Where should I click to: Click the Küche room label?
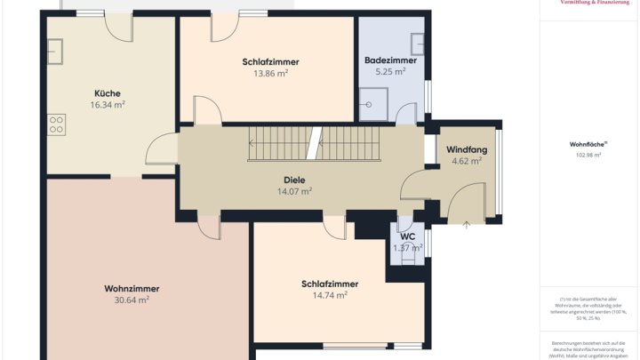coord(107,93)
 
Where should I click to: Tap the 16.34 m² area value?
coord(107,105)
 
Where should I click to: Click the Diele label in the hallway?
coord(294,180)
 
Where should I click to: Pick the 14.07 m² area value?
coord(294,191)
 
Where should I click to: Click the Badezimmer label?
coord(390,60)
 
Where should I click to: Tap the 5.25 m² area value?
coord(390,72)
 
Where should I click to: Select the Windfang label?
coord(466,149)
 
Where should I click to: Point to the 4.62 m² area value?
coord(466,161)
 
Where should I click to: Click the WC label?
coord(408,236)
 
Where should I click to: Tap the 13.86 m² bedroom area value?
coord(270,73)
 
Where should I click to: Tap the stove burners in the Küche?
coord(58,124)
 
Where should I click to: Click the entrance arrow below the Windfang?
coord(467,226)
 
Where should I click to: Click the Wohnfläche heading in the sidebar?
coord(586,144)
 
